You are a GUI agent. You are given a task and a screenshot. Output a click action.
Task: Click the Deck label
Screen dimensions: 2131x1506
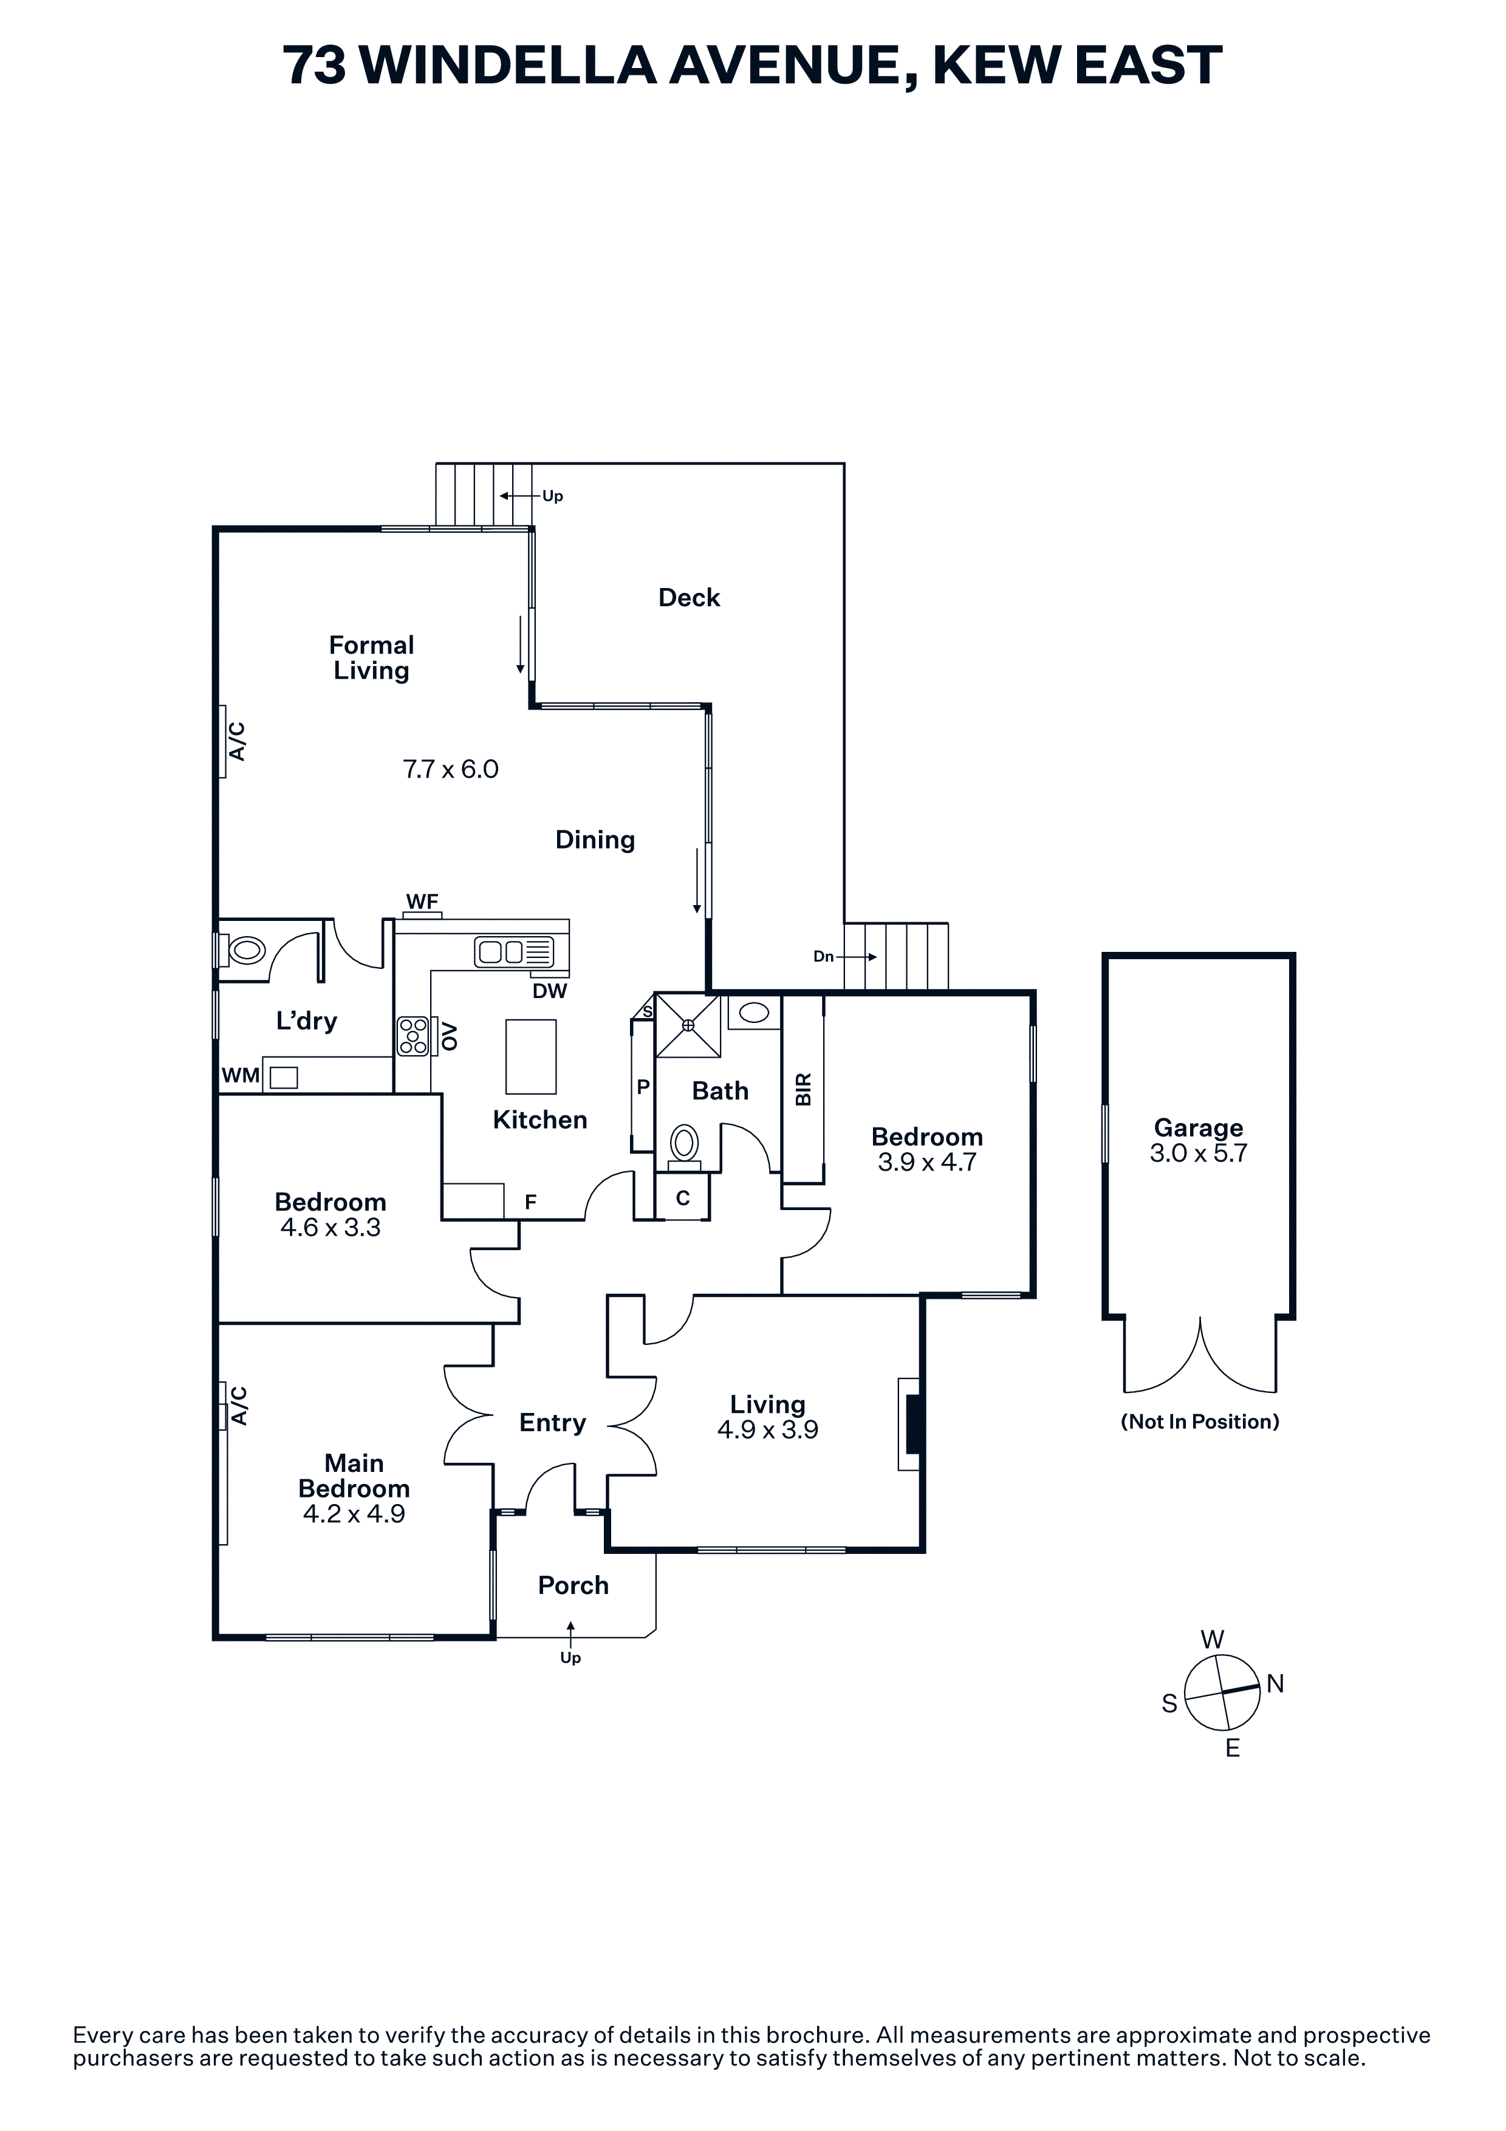688,598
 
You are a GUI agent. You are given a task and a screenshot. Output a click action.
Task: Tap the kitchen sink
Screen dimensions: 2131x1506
502,951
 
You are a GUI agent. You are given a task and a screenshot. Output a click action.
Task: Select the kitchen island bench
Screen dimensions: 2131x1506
531,1056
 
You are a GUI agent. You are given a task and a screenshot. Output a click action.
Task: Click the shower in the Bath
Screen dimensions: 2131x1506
688,1025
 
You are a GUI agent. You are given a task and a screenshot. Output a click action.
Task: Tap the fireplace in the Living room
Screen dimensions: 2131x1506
911,1424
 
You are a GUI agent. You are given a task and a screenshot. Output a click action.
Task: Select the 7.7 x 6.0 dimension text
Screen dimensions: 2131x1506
450,770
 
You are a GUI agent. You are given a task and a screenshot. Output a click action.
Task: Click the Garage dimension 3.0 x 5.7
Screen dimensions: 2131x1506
1198,1154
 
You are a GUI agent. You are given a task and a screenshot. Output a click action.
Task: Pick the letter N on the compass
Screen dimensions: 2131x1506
1275,1684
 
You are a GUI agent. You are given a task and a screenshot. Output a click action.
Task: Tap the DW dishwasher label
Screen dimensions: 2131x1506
549,991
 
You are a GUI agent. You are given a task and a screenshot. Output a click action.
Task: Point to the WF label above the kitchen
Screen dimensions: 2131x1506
422,901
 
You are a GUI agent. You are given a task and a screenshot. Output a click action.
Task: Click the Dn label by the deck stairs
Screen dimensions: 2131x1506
823,956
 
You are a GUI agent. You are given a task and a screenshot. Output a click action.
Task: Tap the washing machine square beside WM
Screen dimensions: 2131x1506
283,1078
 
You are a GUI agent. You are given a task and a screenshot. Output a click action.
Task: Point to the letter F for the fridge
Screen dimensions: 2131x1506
531,1202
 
